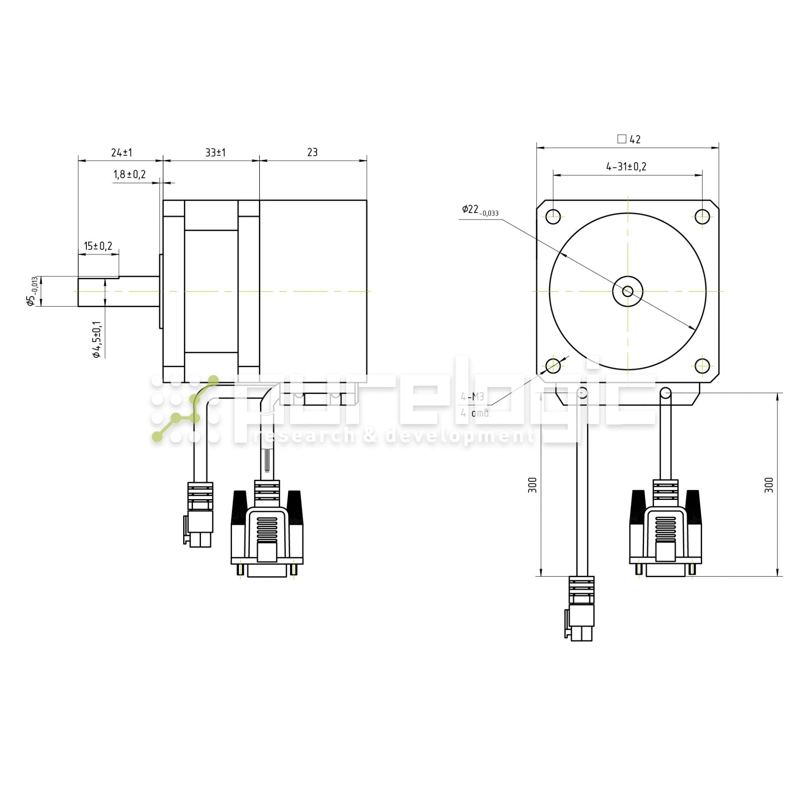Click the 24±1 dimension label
[121, 153]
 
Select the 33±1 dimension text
[215, 153]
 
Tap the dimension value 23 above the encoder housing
[312, 153]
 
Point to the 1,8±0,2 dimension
[130, 175]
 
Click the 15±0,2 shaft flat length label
[98, 246]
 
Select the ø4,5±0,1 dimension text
[97, 340]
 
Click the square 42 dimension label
[629, 139]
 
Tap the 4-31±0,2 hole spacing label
[626, 167]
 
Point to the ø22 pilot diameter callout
[479, 210]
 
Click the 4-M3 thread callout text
[472, 397]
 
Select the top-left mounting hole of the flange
[553, 216]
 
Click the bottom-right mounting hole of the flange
[702, 366]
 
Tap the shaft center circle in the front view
[627, 291]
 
